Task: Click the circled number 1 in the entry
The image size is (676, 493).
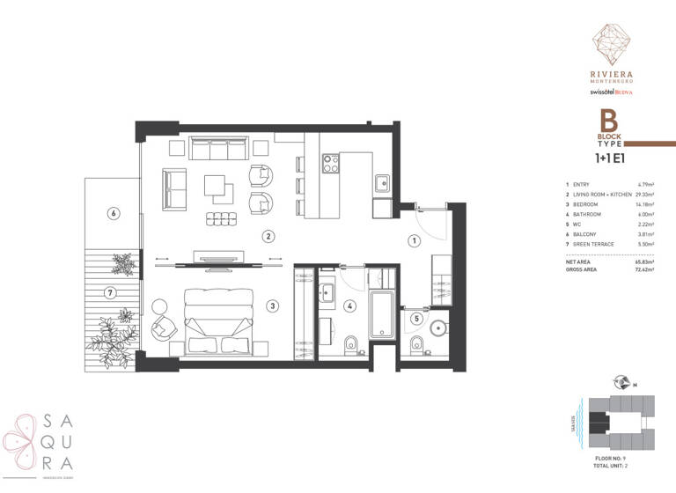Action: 413,239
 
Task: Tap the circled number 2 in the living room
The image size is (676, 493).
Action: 268,235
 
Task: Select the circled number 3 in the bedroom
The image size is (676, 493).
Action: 274,305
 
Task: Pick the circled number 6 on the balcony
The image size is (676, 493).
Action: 112,211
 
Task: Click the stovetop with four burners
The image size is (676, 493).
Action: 331,163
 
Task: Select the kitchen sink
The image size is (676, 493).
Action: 382,183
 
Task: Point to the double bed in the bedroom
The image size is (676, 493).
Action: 215,320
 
